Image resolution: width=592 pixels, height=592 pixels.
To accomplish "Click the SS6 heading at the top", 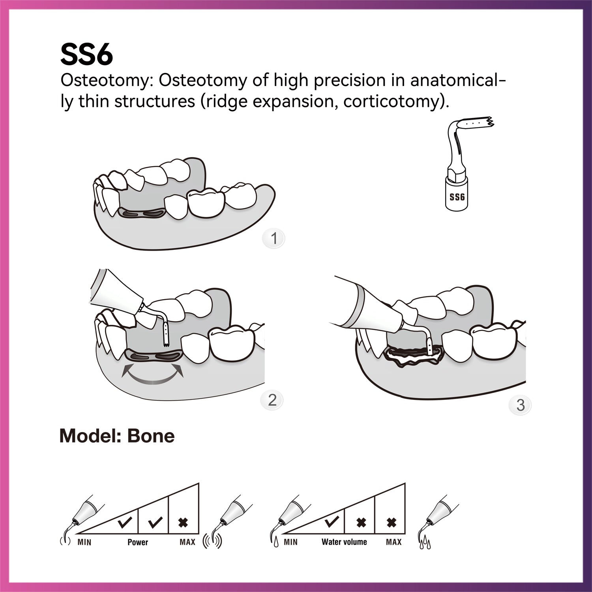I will [86, 55].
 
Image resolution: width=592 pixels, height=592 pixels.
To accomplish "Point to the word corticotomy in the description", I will [391, 102].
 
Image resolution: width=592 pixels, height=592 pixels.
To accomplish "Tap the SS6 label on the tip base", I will [457, 197].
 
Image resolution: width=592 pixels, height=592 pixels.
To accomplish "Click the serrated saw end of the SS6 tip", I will [489, 122].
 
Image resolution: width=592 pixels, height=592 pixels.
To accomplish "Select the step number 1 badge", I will [274, 238].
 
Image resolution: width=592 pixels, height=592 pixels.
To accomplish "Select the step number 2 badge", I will [272, 400].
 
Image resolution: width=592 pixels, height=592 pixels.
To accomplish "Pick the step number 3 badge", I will [520, 405].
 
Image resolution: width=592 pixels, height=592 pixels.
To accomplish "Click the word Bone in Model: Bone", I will [151, 436].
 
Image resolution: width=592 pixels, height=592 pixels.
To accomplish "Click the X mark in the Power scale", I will [183, 523].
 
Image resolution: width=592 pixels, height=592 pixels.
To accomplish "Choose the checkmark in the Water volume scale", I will [331, 523].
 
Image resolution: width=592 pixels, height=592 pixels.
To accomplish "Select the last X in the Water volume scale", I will [391, 523].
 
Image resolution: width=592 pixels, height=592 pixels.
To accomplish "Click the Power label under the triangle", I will [138, 542].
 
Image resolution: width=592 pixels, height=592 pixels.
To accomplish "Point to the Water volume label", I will [344, 542].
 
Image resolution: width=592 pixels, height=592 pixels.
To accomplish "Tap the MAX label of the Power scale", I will [187, 542].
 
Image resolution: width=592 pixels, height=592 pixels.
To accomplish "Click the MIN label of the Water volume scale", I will [290, 542].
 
